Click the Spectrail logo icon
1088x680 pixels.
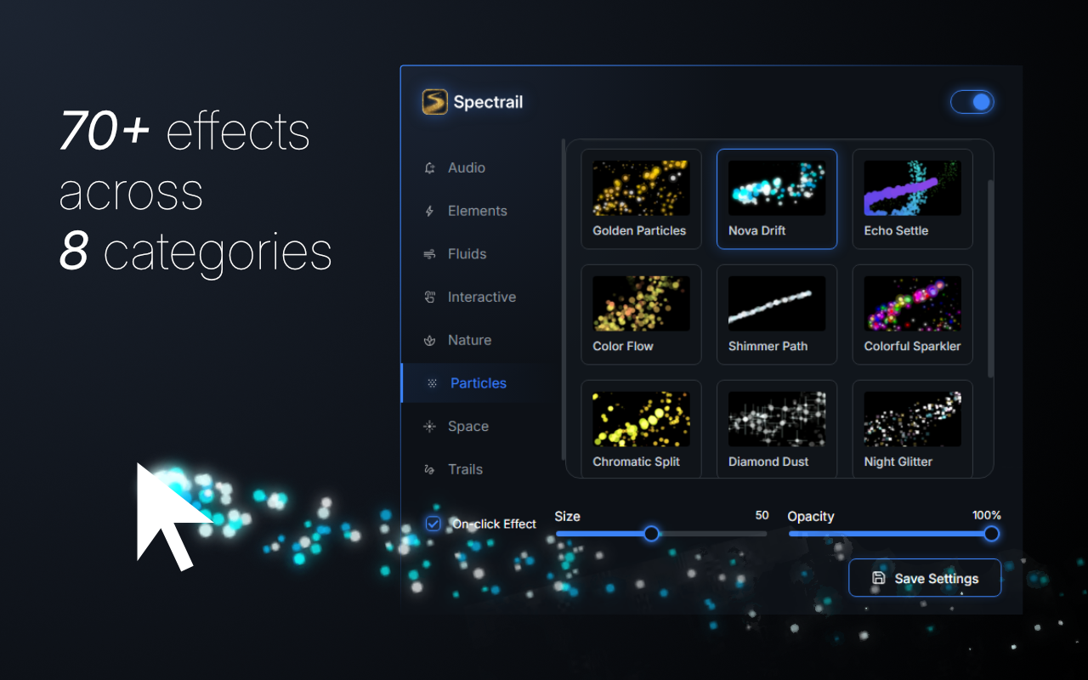click(x=434, y=102)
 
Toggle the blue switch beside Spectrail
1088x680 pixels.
click(x=972, y=102)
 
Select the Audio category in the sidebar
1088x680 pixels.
click(x=466, y=168)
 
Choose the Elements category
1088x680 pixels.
click(x=477, y=211)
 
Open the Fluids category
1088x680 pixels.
click(x=467, y=254)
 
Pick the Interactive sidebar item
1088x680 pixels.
click(x=481, y=297)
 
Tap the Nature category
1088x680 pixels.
click(x=469, y=340)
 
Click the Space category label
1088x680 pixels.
click(x=467, y=427)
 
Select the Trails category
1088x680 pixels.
click(x=465, y=469)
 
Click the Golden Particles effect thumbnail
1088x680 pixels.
click(x=641, y=189)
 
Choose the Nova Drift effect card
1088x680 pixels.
click(x=777, y=199)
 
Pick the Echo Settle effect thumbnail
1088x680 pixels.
click(x=912, y=189)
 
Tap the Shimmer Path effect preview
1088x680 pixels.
click(x=777, y=303)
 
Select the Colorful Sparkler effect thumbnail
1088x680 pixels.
click(x=912, y=303)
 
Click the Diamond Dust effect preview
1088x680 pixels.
click(x=777, y=419)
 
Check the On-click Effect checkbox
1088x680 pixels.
click(x=433, y=524)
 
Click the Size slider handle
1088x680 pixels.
click(x=651, y=534)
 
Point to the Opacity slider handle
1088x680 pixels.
click(x=991, y=534)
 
